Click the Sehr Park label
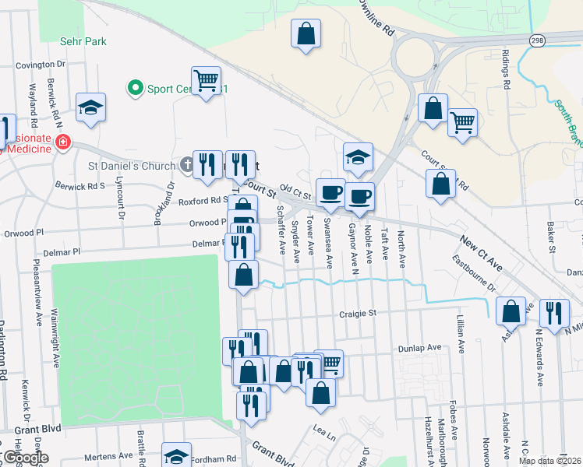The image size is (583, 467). pos(83,41)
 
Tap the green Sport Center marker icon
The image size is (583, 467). pos(135,88)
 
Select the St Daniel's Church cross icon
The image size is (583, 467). pos(185,165)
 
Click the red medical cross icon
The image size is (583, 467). pos(62,143)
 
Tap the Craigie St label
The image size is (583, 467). pos(358,313)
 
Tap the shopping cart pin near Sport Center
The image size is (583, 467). pos(207,80)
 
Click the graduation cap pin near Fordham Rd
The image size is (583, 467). pos(177,455)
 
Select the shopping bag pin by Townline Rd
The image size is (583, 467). pos(306,33)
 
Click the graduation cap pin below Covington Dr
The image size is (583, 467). pos(91,107)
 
